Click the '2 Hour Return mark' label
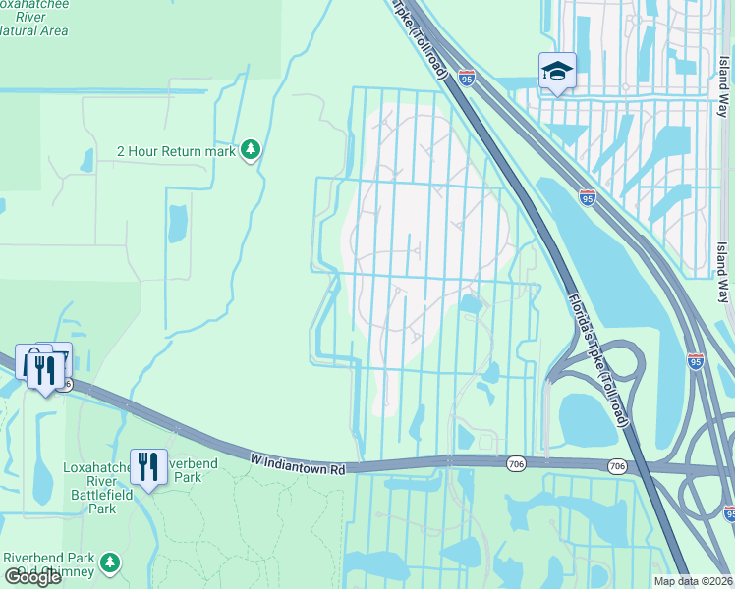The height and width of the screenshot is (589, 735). (x=176, y=151)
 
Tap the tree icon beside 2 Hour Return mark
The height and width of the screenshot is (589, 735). (x=252, y=150)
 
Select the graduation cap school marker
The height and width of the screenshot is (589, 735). (x=556, y=71)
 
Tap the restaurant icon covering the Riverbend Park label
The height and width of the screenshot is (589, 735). (x=148, y=466)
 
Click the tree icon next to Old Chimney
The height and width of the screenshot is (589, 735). (x=110, y=562)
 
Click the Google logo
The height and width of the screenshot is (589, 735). (x=32, y=577)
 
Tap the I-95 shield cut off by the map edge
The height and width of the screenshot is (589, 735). (x=729, y=512)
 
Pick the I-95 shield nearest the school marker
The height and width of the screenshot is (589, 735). (x=467, y=78)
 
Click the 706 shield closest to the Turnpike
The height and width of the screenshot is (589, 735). (x=616, y=465)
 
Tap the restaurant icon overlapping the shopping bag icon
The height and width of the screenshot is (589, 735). (x=43, y=369)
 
